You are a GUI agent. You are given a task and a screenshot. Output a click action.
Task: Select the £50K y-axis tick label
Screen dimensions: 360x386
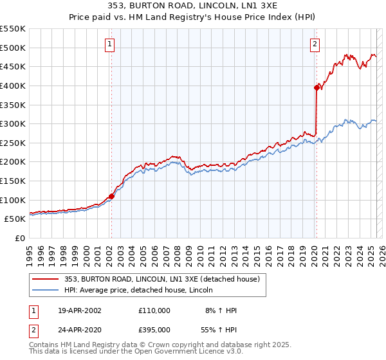pos(15,219)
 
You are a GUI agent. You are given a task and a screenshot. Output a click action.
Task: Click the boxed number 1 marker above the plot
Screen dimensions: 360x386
pos(110,44)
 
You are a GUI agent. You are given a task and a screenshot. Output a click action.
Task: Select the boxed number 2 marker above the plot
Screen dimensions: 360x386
pos(315,44)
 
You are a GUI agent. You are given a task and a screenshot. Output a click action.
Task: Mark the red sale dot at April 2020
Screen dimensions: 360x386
pos(317,87)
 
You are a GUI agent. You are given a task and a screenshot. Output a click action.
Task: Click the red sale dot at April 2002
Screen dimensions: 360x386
pos(111,196)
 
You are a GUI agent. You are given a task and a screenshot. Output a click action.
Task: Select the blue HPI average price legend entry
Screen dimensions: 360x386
pos(142,290)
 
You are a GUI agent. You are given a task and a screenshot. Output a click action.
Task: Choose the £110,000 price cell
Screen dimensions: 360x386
pos(154,310)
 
